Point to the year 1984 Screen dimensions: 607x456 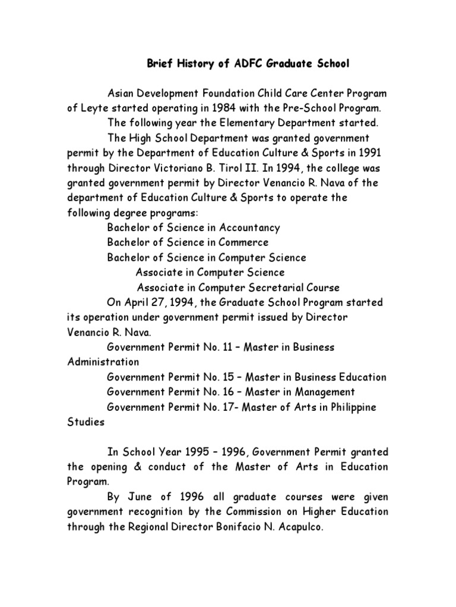[x=235, y=108]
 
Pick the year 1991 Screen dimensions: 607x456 [x=370, y=153]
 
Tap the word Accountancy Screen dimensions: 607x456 [x=249, y=228]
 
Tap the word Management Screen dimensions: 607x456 [x=325, y=392]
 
